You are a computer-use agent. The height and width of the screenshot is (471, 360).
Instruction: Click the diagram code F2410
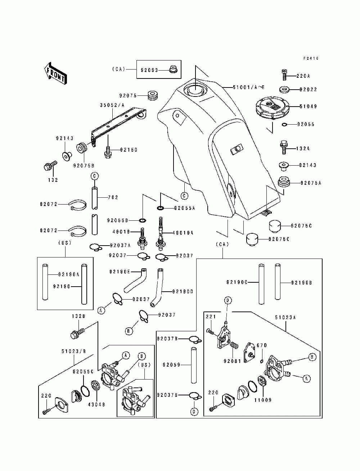[311, 58]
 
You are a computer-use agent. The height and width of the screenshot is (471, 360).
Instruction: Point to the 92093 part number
[149, 71]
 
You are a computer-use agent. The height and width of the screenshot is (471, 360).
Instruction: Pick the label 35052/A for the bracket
[112, 106]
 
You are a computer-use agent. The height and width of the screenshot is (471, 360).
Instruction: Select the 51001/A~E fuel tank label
[248, 87]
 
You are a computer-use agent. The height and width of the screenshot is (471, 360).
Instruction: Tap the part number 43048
[96, 404]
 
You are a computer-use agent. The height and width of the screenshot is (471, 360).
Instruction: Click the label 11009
[263, 400]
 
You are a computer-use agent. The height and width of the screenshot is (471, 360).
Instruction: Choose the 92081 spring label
[231, 361]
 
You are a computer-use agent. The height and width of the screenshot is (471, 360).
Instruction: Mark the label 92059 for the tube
[171, 365]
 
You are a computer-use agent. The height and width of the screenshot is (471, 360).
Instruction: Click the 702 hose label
[113, 197]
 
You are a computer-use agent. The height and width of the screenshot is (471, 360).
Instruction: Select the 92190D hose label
[183, 291]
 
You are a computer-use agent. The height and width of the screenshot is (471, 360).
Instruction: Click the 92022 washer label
[308, 89]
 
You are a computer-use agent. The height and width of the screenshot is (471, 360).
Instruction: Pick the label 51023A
[285, 318]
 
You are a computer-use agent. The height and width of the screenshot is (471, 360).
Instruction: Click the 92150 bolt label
[129, 150]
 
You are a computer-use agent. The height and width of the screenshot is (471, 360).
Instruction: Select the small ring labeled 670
[261, 361]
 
